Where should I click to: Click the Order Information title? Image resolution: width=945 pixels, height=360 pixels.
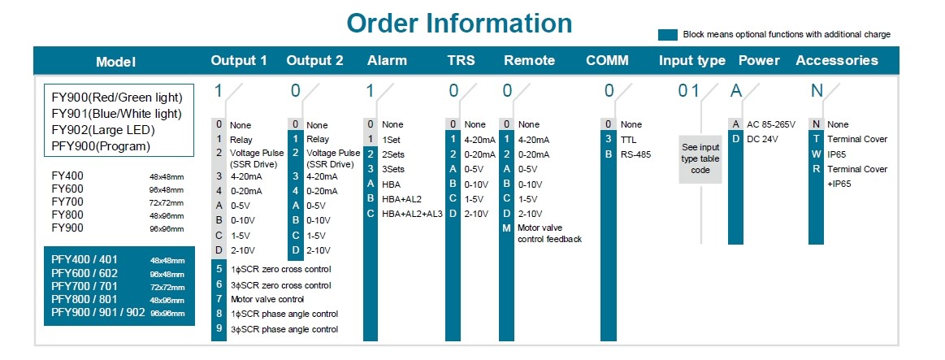pos(459,23)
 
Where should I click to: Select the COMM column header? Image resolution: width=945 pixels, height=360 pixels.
pos(607,60)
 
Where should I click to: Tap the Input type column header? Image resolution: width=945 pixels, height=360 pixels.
pos(691,60)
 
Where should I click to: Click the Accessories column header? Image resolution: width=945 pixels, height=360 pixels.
pos(836,60)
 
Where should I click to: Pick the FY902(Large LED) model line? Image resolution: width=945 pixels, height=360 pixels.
pos(103,130)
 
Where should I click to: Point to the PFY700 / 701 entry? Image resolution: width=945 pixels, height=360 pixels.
pos(85,286)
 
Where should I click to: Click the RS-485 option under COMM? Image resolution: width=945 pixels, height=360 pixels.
pos(636,154)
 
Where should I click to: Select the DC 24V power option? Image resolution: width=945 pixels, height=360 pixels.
pos(762,139)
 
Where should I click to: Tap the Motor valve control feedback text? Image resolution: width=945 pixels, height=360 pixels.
pos(549,233)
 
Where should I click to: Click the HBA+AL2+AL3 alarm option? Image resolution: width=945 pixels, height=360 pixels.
pos(412,214)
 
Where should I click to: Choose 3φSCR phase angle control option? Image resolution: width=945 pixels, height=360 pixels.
pos(284,329)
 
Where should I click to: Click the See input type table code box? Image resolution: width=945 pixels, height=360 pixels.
pos(700,158)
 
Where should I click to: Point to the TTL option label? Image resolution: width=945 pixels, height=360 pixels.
pos(629,139)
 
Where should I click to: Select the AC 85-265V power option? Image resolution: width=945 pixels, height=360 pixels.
pos(771,125)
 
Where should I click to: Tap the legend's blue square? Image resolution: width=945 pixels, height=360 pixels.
pos(668,34)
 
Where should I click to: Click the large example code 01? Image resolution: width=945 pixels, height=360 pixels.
pos(689,91)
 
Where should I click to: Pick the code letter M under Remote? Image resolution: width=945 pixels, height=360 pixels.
pos(506,228)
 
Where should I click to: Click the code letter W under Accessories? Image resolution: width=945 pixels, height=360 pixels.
pos(816,154)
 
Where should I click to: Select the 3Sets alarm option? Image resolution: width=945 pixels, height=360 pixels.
pos(393,169)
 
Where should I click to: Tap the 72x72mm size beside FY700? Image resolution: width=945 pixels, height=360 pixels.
pos(167,202)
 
